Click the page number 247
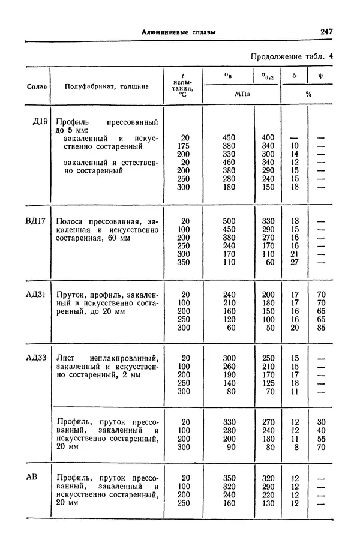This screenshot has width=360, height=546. (327, 32)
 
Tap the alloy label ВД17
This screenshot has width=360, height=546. (36, 221)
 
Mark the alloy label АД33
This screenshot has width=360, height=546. (36, 358)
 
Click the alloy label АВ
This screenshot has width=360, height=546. (33, 478)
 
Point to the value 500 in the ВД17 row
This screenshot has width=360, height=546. (229, 221)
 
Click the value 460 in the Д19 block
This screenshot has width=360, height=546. (229, 161)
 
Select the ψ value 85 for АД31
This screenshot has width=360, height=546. (321, 328)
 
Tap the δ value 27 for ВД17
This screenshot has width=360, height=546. (294, 262)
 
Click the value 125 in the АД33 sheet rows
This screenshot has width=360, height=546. (268, 383)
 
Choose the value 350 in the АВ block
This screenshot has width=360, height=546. (229, 478)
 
